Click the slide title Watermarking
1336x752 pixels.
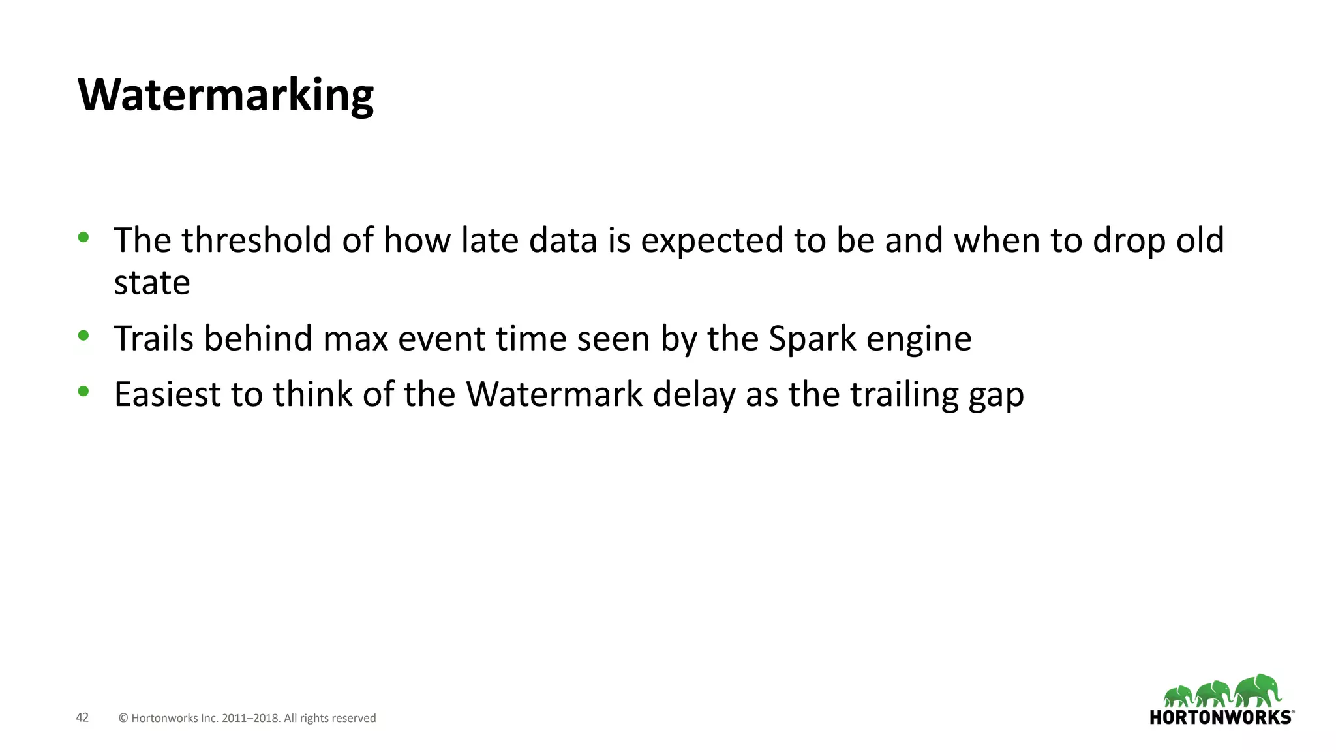(225, 95)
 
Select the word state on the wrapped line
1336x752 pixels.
(151, 283)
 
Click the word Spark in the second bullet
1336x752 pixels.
(812, 339)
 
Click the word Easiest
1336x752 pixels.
(168, 394)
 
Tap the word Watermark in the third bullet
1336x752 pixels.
(554, 394)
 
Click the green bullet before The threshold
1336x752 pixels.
(83, 237)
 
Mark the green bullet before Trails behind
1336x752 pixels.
(83, 336)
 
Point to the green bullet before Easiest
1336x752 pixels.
(83, 392)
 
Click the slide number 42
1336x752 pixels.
(82, 717)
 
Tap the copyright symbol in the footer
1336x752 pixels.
(123, 718)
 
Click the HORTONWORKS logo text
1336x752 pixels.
(1220, 717)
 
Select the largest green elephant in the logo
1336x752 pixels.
(1258, 689)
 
